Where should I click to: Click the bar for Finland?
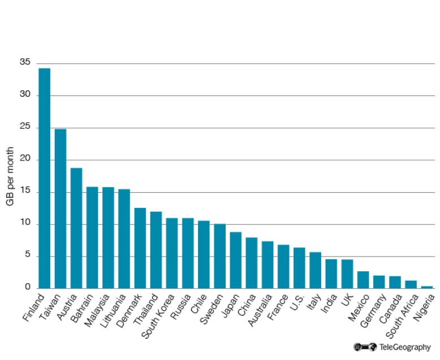point(44,178)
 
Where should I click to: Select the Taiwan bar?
point(60,209)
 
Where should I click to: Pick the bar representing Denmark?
point(140,248)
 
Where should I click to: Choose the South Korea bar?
point(171,253)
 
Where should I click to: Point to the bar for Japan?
point(235,260)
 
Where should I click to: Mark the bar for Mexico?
point(363,280)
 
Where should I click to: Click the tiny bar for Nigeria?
point(426,287)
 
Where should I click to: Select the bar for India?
point(331,274)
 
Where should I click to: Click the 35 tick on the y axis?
point(24,63)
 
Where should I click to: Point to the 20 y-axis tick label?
point(24,160)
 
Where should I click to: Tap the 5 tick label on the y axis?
point(27,256)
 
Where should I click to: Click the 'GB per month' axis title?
point(10,176)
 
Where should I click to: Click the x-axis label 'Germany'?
point(374,307)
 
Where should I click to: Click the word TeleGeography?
point(405,347)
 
